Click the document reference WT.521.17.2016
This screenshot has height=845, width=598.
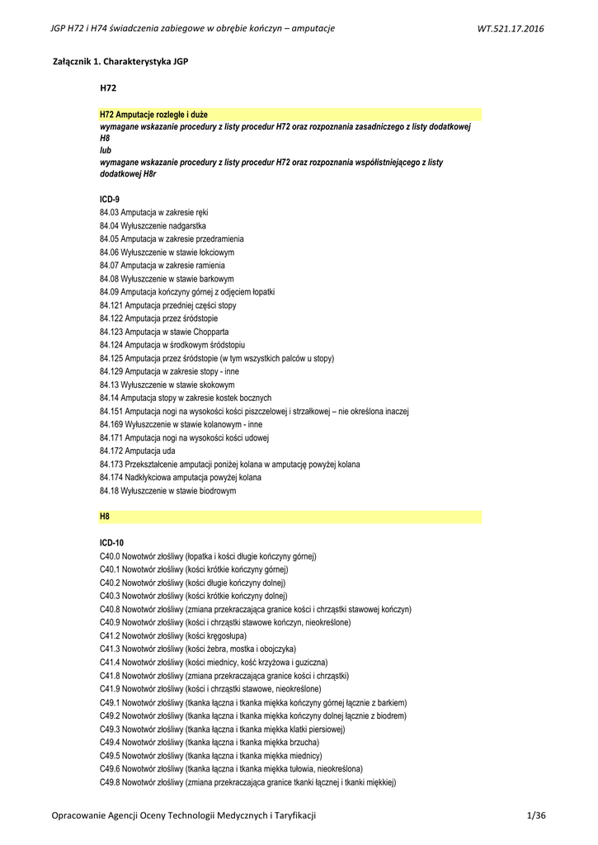(x=511, y=30)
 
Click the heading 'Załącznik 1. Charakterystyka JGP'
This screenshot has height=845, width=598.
(x=121, y=62)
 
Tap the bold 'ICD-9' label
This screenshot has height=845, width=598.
(x=110, y=199)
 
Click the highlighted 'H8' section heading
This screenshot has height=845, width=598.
(x=105, y=516)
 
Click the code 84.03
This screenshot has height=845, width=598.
(x=109, y=213)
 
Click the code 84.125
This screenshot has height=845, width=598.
(x=111, y=358)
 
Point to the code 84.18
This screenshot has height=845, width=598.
(x=109, y=490)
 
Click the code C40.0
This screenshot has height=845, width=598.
(x=110, y=556)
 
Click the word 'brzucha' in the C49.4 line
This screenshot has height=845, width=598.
(x=305, y=742)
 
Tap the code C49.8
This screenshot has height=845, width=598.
(x=110, y=781)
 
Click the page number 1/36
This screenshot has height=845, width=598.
(x=535, y=815)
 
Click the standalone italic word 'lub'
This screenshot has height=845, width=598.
(x=105, y=151)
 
